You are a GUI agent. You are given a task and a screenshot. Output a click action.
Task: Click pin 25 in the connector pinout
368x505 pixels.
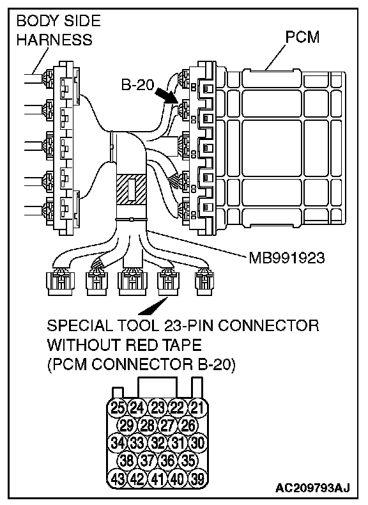point(118,408)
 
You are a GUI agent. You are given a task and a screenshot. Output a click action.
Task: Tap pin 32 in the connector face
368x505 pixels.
point(157,443)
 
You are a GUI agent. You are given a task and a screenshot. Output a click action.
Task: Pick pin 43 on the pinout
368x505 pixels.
point(118,479)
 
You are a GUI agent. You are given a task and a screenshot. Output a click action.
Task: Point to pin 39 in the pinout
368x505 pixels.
point(197,479)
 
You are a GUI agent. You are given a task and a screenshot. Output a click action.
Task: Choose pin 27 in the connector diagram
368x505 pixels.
point(167,426)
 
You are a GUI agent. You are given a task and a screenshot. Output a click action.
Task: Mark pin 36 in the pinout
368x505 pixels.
point(167,461)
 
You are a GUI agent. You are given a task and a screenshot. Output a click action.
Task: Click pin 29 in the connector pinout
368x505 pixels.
point(127,426)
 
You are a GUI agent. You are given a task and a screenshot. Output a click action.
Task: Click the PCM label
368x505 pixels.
point(302,37)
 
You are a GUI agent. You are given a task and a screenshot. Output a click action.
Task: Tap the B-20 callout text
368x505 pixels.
point(137,85)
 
